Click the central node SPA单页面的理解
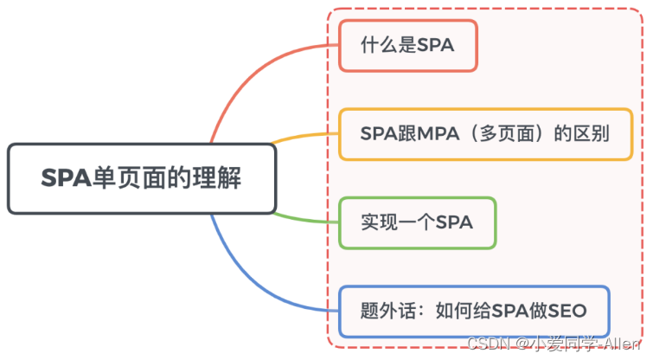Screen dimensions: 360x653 (x=142, y=179)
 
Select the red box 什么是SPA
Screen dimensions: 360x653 (x=407, y=46)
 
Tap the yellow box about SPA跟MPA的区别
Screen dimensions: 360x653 (x=485, y=134)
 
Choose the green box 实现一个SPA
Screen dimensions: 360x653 (x=417, y=222)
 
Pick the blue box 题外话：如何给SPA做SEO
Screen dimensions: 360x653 (x=474, y=311)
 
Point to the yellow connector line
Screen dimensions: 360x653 (x=303, y=136)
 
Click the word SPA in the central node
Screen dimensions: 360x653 (x=66, y=179)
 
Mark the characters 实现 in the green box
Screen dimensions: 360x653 (x=375, y=222)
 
